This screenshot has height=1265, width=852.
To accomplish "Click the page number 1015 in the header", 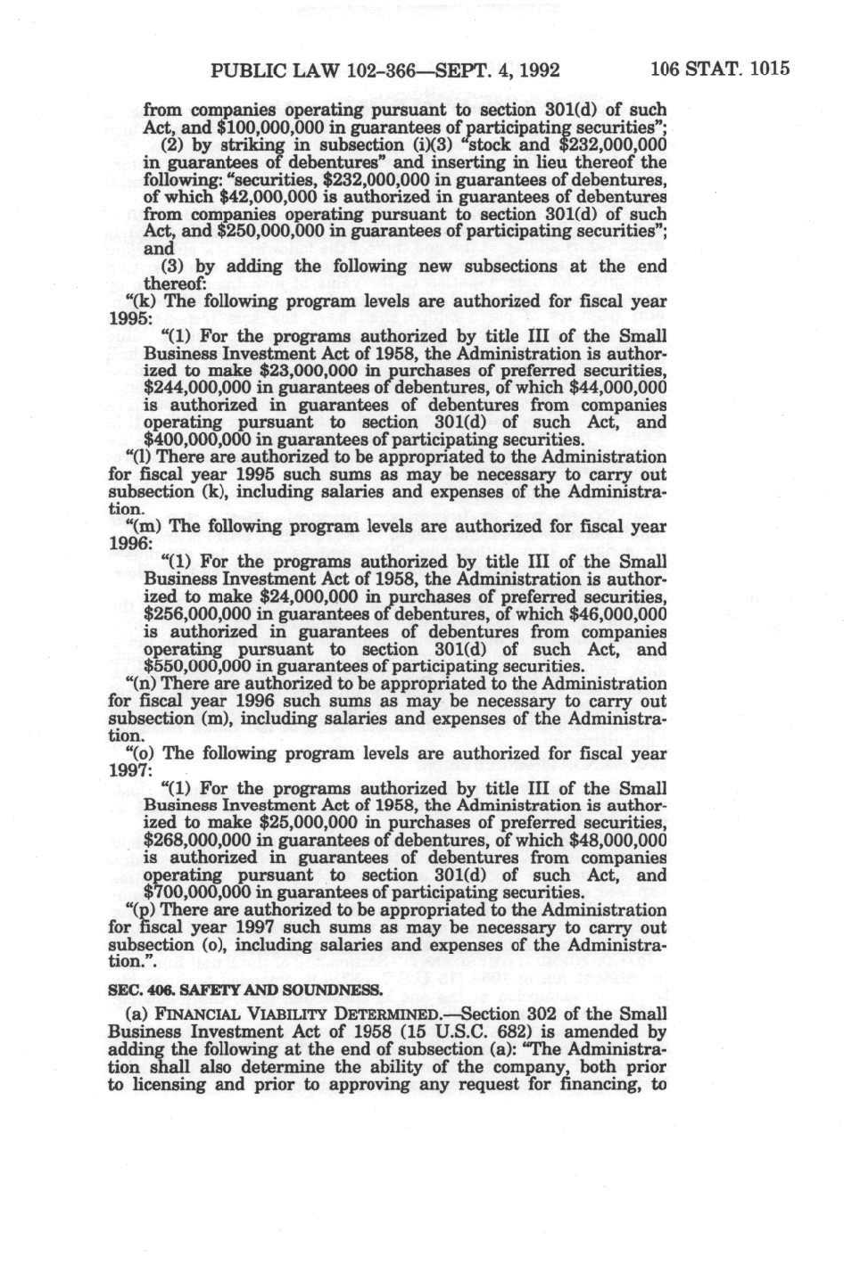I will pos(770,69).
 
